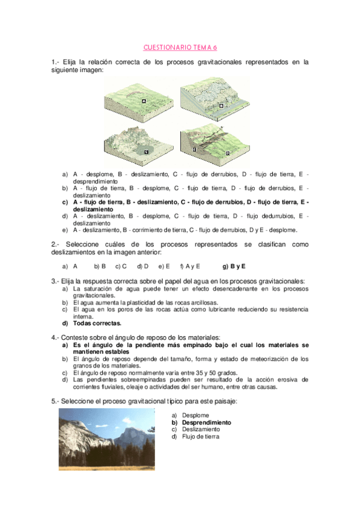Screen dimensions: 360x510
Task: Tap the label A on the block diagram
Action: (144, 102)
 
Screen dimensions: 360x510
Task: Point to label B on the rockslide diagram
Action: (221, 105)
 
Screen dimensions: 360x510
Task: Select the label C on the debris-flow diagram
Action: (146, 153)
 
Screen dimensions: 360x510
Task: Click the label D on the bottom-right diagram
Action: (228, 153)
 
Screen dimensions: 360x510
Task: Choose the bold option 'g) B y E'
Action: (234, 266)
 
